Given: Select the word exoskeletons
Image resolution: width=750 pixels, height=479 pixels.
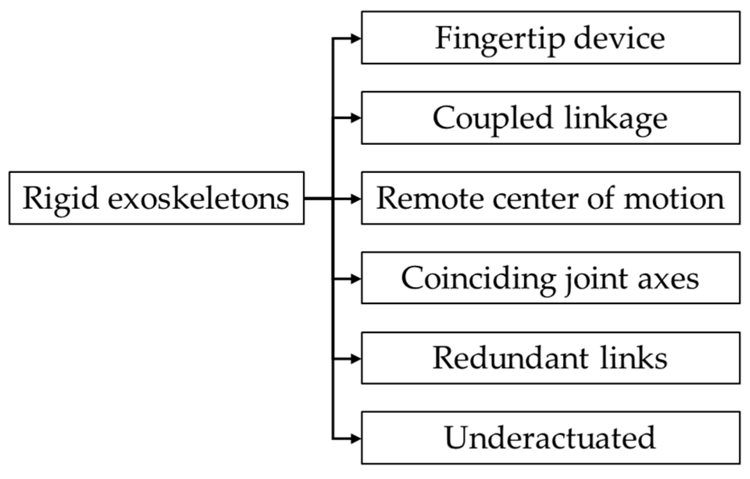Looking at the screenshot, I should point(198,198).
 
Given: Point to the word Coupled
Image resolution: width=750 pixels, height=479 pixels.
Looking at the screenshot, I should point(492,118).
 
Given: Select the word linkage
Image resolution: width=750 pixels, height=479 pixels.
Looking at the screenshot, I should point(616,118).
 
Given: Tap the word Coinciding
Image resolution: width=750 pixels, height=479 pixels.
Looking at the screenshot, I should point(478,278).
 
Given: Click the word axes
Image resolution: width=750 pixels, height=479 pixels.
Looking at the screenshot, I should point(668,278).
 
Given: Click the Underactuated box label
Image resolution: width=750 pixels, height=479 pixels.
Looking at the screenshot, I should point(550,438).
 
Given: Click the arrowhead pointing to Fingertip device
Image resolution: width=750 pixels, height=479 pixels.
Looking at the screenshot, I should point(355,38).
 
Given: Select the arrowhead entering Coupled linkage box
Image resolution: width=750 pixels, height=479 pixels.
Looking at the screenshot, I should point(355,118).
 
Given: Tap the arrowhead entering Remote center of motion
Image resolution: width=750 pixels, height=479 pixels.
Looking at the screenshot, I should point(355,199).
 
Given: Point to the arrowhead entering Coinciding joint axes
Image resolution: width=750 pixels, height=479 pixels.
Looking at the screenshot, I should point(355,279).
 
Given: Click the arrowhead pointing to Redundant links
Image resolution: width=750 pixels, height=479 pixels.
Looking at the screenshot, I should point(355,358).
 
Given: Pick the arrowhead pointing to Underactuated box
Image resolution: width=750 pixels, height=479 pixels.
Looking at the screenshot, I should point(355,439).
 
